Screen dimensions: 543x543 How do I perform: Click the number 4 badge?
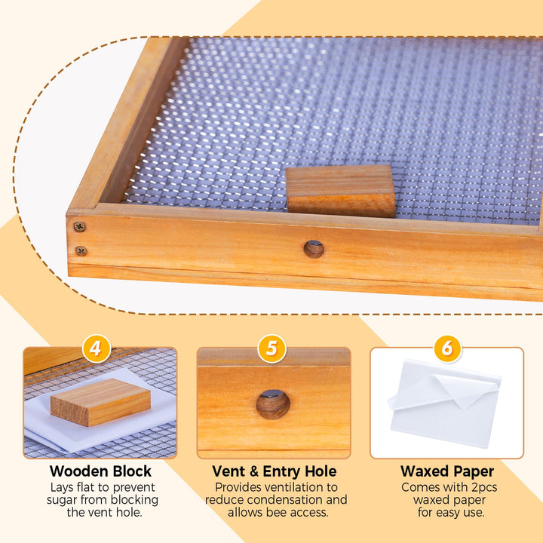[x=97, y=348]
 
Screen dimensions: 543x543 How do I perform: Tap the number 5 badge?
[x=271, y=348]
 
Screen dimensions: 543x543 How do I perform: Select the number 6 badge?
[x=447, y=348]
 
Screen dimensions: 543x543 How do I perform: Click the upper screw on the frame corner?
[x=80, y=226]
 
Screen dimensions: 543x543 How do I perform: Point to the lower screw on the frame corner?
[x=81, y=250]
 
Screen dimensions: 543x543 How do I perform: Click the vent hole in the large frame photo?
[x=314, y=249]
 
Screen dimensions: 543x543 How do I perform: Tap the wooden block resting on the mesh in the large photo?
[x=340, y=191]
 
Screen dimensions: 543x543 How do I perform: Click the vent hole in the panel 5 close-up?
[x=273, y=404]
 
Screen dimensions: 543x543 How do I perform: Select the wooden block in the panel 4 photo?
[x=100, y=402]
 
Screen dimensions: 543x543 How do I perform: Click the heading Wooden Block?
[x=100, y=471]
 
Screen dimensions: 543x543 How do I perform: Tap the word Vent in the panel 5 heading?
[x=229, y=471]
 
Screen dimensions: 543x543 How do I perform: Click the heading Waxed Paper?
[x=447, y=471]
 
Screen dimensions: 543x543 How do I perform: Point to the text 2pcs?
[x=484, y=488]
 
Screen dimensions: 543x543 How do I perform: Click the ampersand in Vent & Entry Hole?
[x=254, y=471]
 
